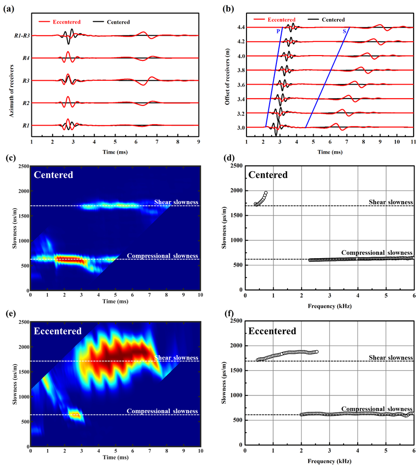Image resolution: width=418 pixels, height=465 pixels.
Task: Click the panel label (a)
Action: pos(9,10)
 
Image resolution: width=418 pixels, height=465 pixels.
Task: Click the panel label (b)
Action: pos(228,10)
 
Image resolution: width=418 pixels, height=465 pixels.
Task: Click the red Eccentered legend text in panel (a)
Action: pos(67,22)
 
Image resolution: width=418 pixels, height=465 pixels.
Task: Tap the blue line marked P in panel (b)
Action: pos(274,77)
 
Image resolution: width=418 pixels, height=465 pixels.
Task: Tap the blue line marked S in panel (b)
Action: pos(327,77)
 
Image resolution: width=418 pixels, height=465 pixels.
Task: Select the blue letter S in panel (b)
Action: pos(344,31)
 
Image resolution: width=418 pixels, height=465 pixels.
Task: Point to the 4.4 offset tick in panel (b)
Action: pos(241,28)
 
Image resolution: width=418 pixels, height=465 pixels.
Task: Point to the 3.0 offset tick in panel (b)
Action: pos(241,128)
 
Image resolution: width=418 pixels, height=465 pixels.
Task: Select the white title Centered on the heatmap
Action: pos(53,175)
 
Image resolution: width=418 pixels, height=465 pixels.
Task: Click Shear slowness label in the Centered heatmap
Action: pos(176,202)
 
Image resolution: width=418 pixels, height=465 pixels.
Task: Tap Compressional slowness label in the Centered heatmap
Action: pos(162,256)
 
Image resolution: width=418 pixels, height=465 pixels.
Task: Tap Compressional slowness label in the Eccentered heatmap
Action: pos(162,411)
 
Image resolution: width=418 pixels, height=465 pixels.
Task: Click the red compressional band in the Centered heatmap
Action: pos(69,260)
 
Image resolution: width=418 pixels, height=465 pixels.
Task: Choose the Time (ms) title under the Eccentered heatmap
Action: pos(115,457)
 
